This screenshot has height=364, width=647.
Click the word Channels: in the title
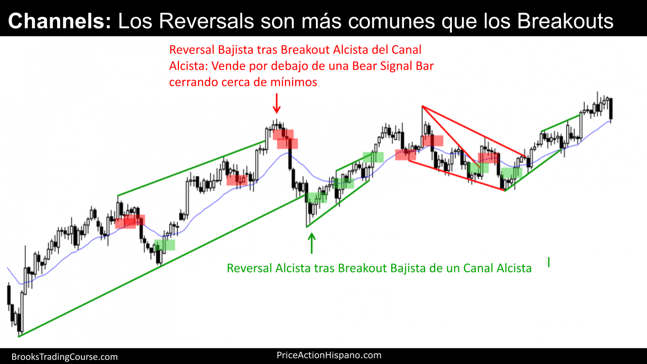60,21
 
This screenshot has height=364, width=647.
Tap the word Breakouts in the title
565,21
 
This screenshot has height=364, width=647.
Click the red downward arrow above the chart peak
276,103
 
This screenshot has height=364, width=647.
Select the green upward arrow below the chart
311,243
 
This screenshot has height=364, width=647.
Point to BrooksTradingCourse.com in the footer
65,357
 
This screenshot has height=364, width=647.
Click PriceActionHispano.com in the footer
329,355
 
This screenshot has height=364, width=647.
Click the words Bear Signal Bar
393,66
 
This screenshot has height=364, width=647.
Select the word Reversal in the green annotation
249,268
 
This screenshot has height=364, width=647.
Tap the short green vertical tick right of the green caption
548,262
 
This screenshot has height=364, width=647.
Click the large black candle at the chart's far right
611,109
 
